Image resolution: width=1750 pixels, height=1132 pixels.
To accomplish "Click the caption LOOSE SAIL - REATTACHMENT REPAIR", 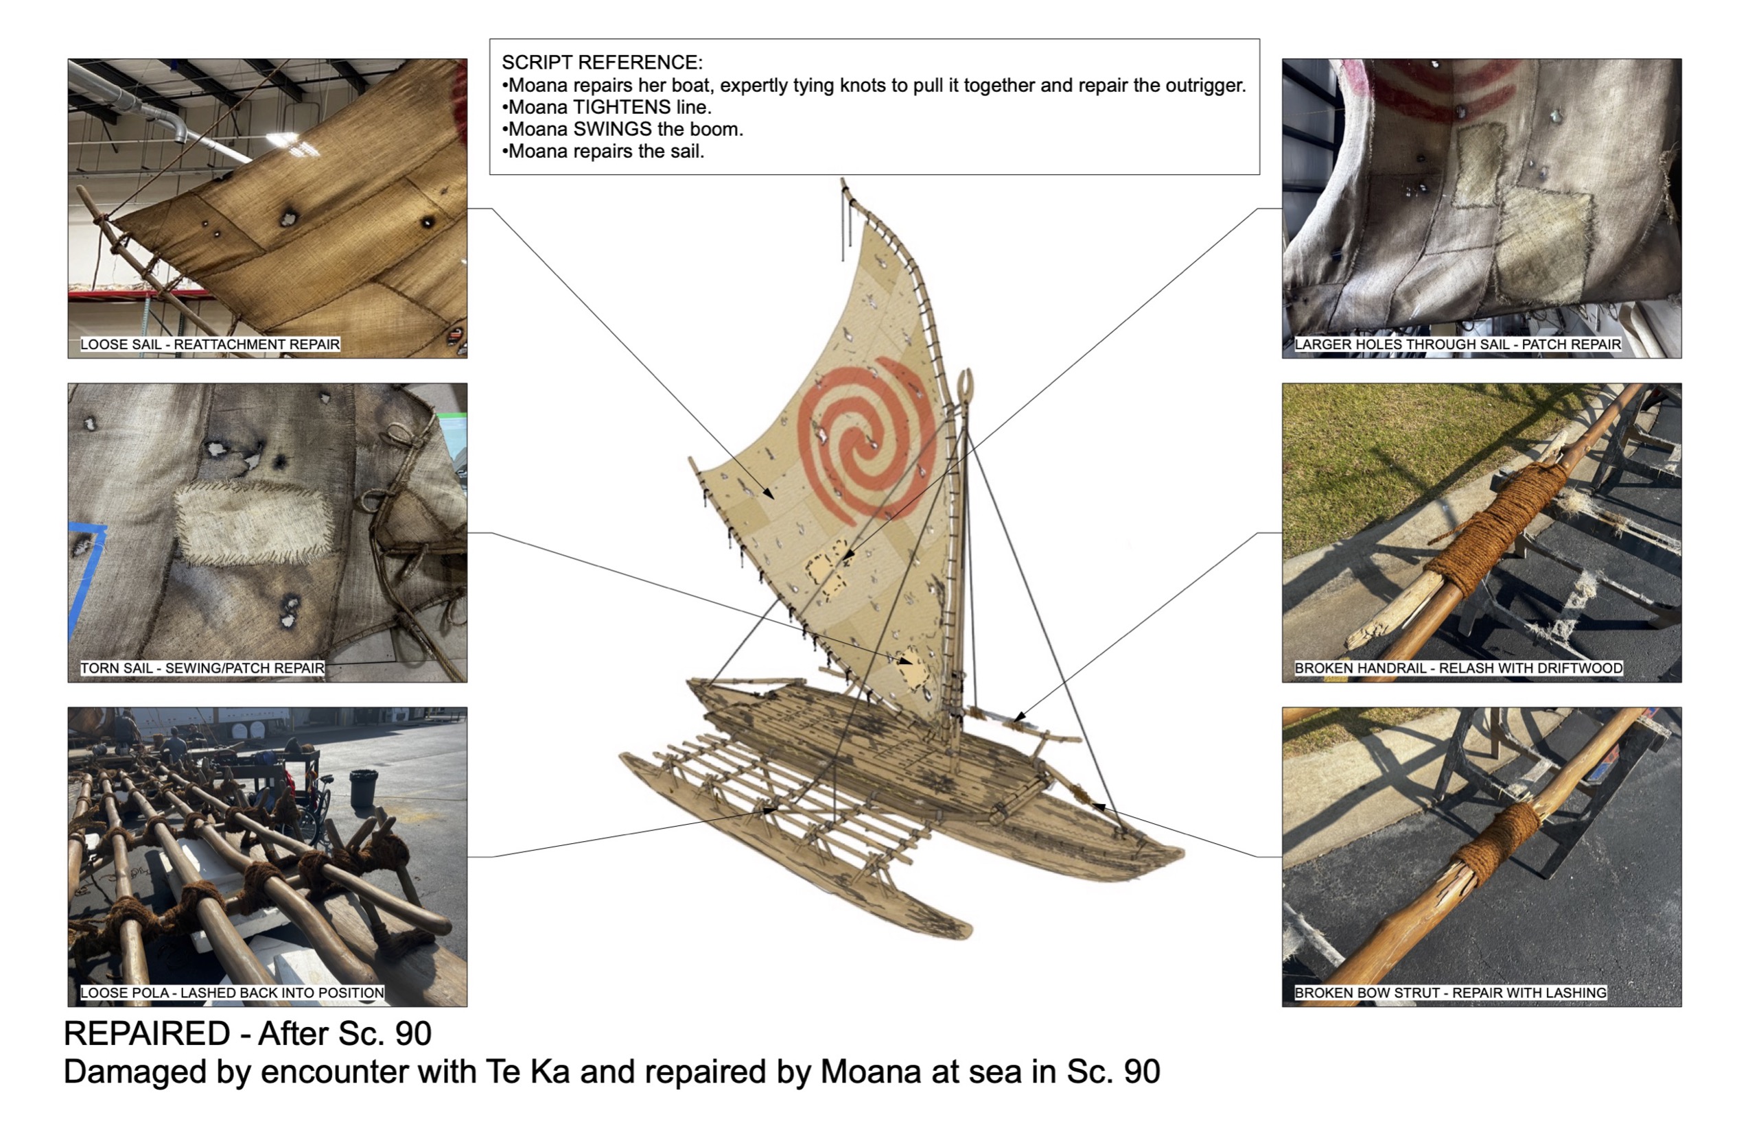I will (x=209, y=344).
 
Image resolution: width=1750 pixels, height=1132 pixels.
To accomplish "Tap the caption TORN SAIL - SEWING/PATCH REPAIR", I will (x=202, y=668).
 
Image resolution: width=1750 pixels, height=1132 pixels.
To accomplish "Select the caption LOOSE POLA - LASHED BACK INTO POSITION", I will (x=232, y=992).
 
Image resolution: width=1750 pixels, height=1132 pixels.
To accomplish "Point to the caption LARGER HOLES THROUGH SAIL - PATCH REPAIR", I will (x=1458, y=344).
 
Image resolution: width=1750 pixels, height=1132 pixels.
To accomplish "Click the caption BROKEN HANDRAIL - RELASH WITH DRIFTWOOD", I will (x=1458, y=668).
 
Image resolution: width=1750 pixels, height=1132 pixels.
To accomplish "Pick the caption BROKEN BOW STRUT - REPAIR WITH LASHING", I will (x=1450, y=992).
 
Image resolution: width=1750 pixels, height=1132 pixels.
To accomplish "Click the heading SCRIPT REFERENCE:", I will (x=601, y=62).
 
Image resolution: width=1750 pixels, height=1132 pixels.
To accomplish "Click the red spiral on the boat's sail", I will (x=867, y=441).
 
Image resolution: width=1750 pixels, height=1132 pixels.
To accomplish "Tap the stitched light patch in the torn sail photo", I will (x=250, y=523).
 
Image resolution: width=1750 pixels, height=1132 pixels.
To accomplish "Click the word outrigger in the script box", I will (x=1205, y=85).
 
